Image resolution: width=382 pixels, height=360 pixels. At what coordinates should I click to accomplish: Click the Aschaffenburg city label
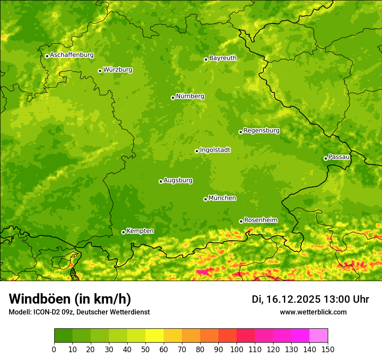pos(72,55)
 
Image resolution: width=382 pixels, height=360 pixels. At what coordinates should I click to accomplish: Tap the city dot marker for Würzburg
pos(100,71)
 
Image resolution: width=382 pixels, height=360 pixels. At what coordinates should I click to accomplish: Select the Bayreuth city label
pos(223,58)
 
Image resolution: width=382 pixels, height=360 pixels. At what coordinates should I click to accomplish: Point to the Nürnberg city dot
pos(173,98)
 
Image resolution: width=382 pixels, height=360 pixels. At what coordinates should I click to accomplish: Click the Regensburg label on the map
pos(261,131)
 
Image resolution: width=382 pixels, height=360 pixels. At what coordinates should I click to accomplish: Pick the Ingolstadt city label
pos(215,150)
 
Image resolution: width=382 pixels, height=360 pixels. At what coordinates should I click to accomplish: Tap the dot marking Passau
pos(326,158)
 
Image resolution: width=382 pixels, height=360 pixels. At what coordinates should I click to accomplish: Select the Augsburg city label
pos(178,180)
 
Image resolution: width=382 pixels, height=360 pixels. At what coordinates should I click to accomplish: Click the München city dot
pos(205,199)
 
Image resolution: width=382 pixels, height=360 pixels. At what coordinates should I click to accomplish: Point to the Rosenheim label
pos(260,220)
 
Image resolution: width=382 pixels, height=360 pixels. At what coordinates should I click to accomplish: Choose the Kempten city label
pos(140,231)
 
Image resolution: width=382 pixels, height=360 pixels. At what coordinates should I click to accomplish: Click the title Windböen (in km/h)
pos(70,299)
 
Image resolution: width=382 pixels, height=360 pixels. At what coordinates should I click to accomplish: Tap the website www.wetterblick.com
pos(313,312)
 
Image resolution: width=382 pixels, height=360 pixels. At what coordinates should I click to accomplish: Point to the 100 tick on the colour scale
pos(237,350)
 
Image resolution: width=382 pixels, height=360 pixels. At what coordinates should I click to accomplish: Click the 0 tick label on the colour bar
pos(54,350)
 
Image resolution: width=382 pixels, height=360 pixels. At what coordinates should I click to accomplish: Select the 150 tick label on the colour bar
pos(328,350)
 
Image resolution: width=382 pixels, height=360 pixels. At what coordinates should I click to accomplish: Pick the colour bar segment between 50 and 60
pos(155,336)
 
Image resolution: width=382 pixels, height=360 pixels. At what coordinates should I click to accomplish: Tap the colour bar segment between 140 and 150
pos(319,336)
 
